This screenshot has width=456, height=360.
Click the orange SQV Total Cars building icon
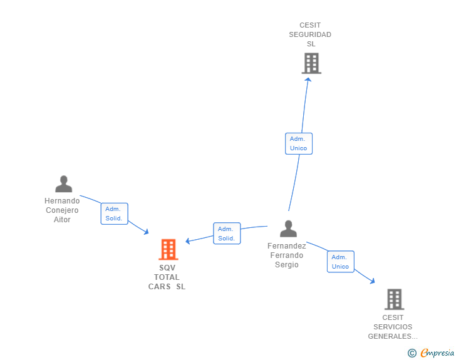point(168,249)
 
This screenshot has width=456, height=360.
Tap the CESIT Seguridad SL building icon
point(311,63)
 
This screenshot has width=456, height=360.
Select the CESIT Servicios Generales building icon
point(395,299)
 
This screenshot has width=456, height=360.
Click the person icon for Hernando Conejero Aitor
point(64,184)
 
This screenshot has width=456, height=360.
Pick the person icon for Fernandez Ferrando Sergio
point(289,229)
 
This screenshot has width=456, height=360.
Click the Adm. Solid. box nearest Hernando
point(114,213)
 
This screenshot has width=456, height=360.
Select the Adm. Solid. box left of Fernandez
point(227,234)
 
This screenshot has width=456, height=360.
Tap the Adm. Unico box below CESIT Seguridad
point(299,143)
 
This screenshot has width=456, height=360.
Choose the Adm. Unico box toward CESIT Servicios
point(341,262)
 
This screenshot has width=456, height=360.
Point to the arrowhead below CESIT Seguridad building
point(308,80)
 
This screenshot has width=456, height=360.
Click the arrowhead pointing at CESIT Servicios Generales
point(372,281)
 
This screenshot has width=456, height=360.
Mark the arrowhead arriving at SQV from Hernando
point(147,232)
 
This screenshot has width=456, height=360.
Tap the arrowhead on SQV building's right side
point(188,241)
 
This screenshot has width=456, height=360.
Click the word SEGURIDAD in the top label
point(310,34)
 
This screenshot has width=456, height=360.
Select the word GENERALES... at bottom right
point(393,336)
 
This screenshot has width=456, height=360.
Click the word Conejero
point(62,210)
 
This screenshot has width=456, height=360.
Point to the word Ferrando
point(287,255)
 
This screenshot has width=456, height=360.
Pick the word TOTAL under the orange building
point(167,277)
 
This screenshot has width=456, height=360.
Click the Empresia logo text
point(437,353)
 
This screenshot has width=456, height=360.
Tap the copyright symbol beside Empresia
point(412,353)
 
